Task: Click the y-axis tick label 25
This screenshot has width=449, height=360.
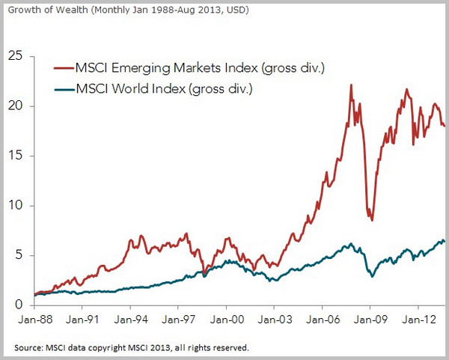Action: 15,56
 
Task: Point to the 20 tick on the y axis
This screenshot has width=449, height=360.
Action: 15,106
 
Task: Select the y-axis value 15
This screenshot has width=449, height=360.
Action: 15,156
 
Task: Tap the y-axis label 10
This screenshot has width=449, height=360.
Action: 15,206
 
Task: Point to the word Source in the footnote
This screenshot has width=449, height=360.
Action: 29,348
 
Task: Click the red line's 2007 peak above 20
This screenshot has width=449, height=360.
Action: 352,85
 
